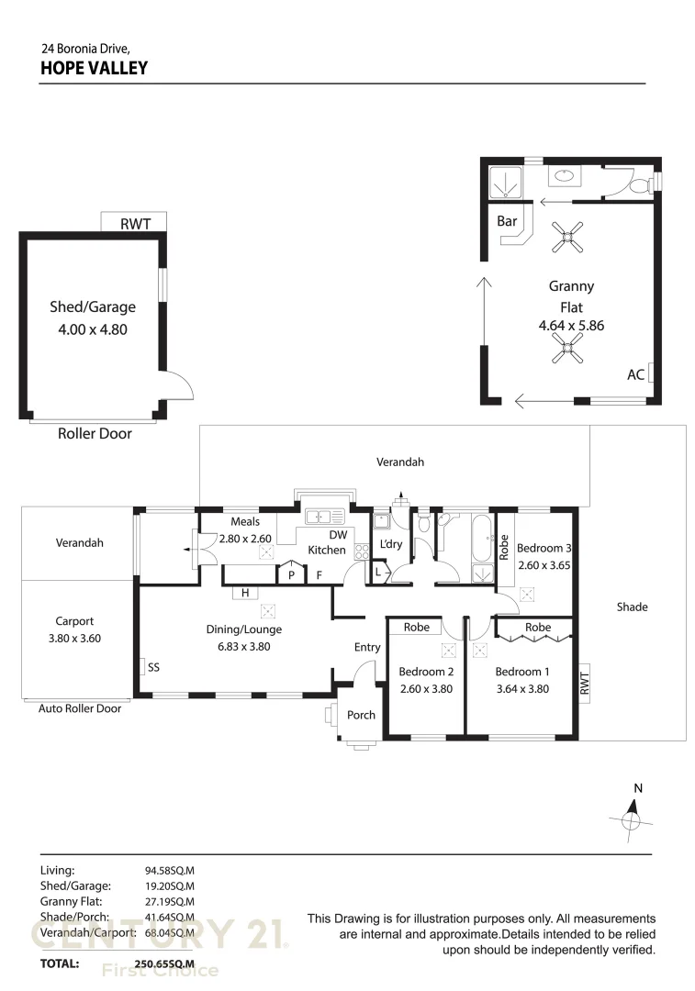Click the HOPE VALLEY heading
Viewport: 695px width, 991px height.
point(94,68)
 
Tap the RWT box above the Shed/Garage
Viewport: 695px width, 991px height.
point(134,222)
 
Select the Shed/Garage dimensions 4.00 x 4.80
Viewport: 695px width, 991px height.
point(93,328)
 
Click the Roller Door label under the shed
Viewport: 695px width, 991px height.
point(95,434)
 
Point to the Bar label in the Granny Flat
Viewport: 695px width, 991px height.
point(507,221)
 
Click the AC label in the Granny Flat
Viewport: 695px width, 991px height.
point(635,374)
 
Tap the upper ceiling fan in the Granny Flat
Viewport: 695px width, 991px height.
point(567,239)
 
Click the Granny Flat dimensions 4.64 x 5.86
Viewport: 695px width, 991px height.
point(571,325)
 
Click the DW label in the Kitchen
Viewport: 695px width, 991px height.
point(338,534)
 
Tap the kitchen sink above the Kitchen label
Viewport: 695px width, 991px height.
point(324,517)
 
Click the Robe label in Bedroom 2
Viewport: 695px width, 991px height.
point(416,629)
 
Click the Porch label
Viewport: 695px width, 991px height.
point(361,715)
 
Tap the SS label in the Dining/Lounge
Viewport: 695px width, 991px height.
point(153,667)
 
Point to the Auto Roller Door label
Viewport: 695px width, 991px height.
point(80,708)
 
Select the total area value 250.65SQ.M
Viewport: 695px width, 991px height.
point(164,964)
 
